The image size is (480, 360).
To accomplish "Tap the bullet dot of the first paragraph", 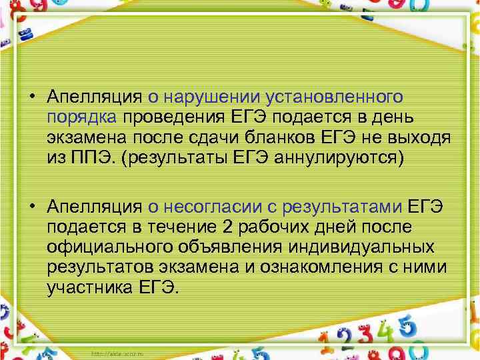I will click(32, 97).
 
